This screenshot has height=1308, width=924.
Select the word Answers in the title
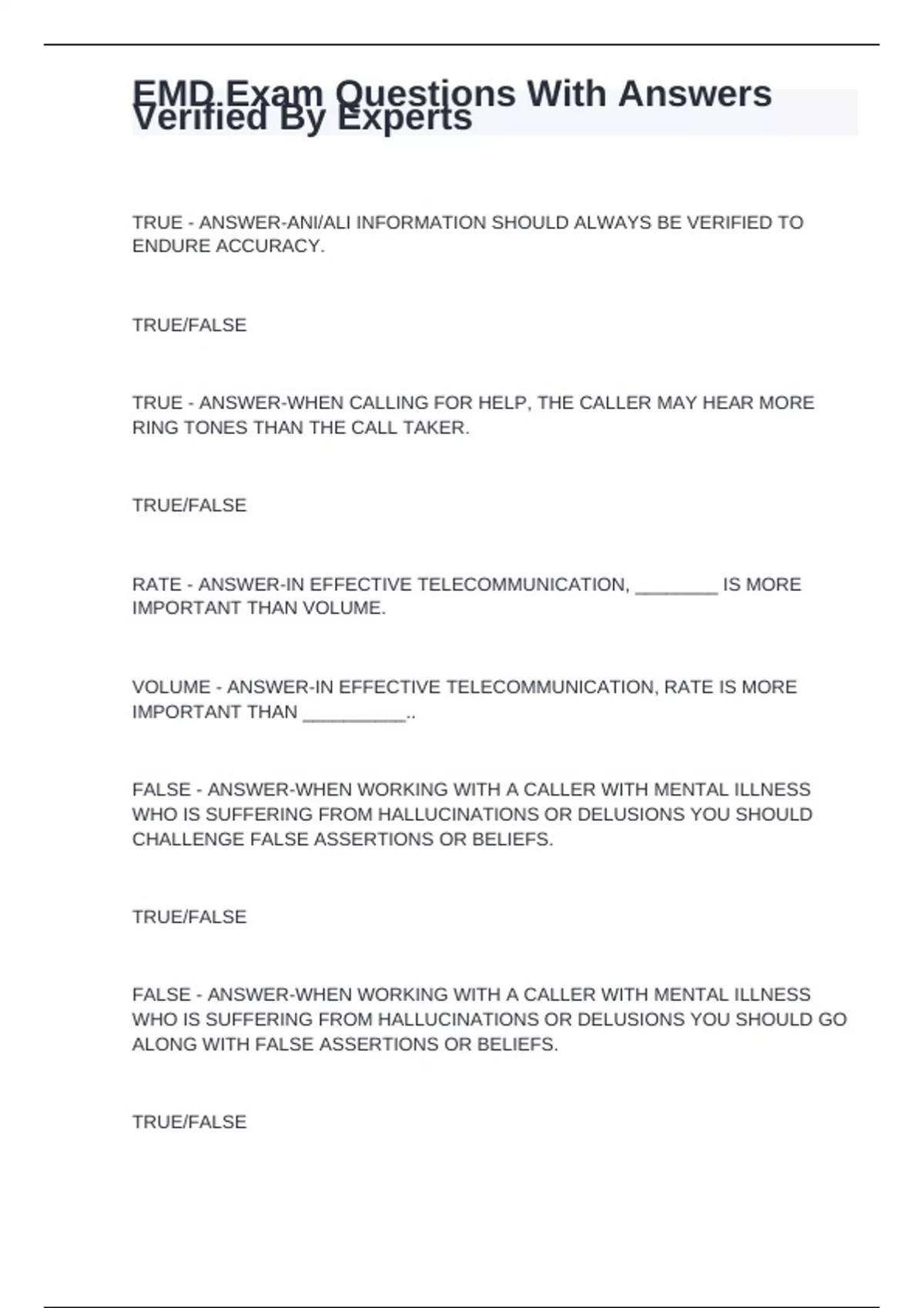point(695,94)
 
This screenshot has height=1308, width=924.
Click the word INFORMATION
point(420,222)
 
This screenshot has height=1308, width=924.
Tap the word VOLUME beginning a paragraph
point(171,687)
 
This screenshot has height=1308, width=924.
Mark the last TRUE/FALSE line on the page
point(189,1122)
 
